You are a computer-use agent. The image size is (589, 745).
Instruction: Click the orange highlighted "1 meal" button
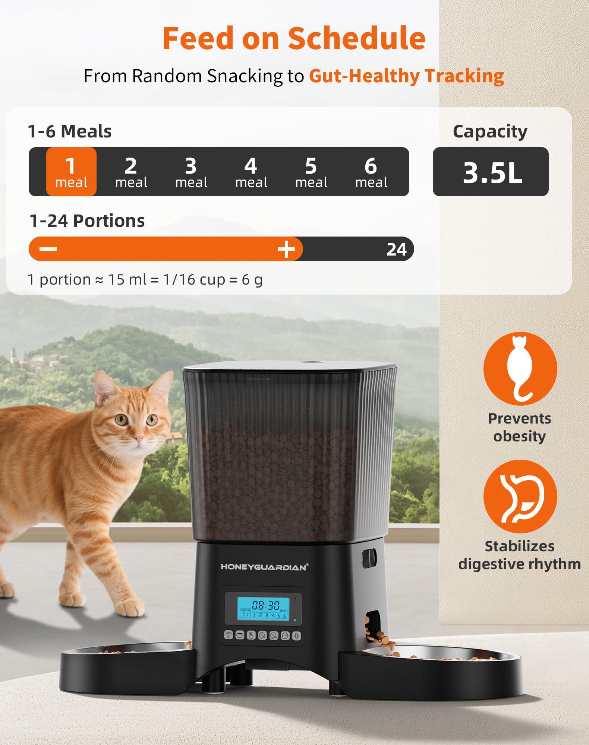(x=71, y=172)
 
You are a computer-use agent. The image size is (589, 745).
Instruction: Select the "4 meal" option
(x=251, y=172)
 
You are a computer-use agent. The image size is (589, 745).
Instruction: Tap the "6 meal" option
(x=371, y=172)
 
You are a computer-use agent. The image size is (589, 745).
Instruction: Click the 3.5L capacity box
(x=490, y=172)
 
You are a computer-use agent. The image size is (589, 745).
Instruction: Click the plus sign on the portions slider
(x=286, y=249)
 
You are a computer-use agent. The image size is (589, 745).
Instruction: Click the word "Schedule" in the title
(x=356, y=38)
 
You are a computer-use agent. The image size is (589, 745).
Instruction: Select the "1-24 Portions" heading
(x=87, y=221)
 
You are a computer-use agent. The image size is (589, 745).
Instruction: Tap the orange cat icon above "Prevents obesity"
(x=520, y=369)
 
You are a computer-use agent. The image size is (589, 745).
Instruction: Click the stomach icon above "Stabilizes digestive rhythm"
(x=520, y=496)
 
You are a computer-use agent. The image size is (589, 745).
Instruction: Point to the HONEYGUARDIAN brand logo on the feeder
(x=264, y=567)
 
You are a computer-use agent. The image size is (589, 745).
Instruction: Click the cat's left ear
(x=105, y=387)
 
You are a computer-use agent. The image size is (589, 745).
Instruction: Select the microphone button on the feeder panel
(x=296, y=635)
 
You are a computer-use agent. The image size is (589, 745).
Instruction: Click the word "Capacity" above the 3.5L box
(x=490, y=131)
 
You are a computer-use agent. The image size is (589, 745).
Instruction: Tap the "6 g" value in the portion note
(x=252, y=280)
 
